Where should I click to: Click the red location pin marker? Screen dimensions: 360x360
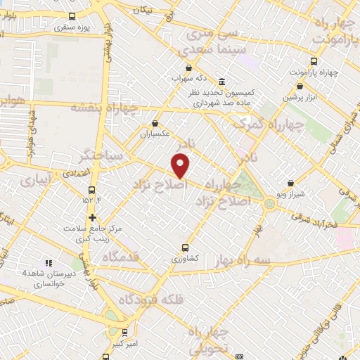click(x=181, y=165)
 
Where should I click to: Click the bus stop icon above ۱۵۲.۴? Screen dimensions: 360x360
click(x=92, y=190)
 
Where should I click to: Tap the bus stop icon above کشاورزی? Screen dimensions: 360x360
click(x=185, y=247)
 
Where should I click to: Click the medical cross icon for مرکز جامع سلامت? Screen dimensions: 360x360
click(x=92, y=217)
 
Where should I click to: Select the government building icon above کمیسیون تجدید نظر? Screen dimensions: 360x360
click(x=222, y=82)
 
